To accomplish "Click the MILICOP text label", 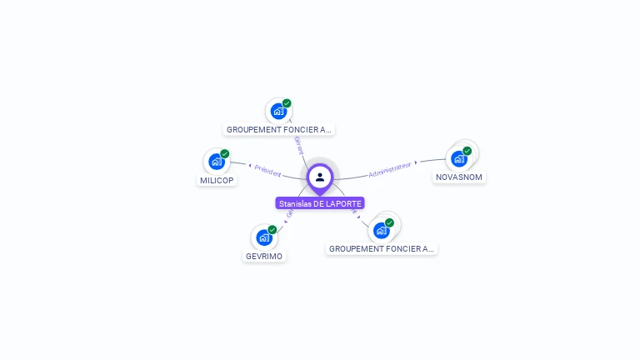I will coord(217,180).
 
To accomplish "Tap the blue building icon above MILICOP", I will coord(217,161).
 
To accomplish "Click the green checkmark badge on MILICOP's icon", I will coord(224,153).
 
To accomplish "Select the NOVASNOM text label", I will coord(459,177).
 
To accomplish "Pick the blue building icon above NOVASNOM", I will coord(458,158).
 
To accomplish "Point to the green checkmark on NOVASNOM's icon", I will coord(467,151).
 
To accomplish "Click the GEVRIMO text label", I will coord(264,256).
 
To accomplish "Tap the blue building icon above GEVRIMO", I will coord(264,237).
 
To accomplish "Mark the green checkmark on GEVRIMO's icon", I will coord(272,229).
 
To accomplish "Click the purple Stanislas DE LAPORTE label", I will coord(321,203).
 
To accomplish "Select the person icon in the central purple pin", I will coord(320,177).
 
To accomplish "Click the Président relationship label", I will coord(268,172).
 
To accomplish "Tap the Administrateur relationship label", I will coord(390,169).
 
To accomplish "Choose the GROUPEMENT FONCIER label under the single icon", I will coord(279,129).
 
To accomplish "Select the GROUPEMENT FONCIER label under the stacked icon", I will coord(382,248).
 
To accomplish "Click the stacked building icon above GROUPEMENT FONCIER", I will coord(383,228).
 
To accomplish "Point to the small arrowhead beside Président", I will coord(250,167).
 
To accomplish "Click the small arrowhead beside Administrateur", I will coord(416,162).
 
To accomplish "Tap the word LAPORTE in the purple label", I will coord(344,203).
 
